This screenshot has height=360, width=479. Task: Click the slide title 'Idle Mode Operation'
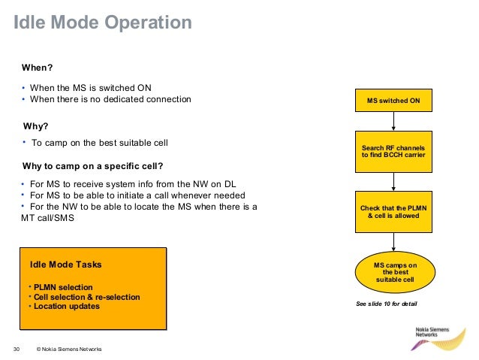tap(103, 23)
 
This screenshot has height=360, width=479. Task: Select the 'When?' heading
tap(38, 68)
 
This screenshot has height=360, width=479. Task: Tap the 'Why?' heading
tap(36, 126)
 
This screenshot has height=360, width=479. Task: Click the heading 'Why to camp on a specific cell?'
tap(92, 166)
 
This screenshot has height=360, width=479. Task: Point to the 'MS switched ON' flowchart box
tap(393, 100)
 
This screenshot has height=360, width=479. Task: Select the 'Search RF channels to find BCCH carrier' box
tap(393, 152)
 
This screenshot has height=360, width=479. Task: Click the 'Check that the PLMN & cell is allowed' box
tap(393, 212)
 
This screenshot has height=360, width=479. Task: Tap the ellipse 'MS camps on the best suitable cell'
tap(395, 272)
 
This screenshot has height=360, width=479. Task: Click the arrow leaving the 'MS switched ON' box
tap(393, 122)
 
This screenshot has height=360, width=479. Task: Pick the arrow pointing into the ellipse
tap(393, 242)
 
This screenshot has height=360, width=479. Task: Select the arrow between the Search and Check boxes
tap(393, 182)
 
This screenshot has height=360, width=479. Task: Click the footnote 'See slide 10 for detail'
tap(387, 304)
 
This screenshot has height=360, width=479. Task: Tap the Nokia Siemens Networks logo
tap(438, 339)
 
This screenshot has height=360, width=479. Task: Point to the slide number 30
tap(17, 349)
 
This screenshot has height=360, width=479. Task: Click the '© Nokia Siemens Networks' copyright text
tap(69, 349)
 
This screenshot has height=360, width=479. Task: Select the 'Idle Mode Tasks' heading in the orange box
tap(65, 265)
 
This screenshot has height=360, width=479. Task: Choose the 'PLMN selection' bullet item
tap(63, 288)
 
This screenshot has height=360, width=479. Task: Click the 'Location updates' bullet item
tap(67, 306)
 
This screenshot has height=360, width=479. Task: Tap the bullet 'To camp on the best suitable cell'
tap(100, 143)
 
